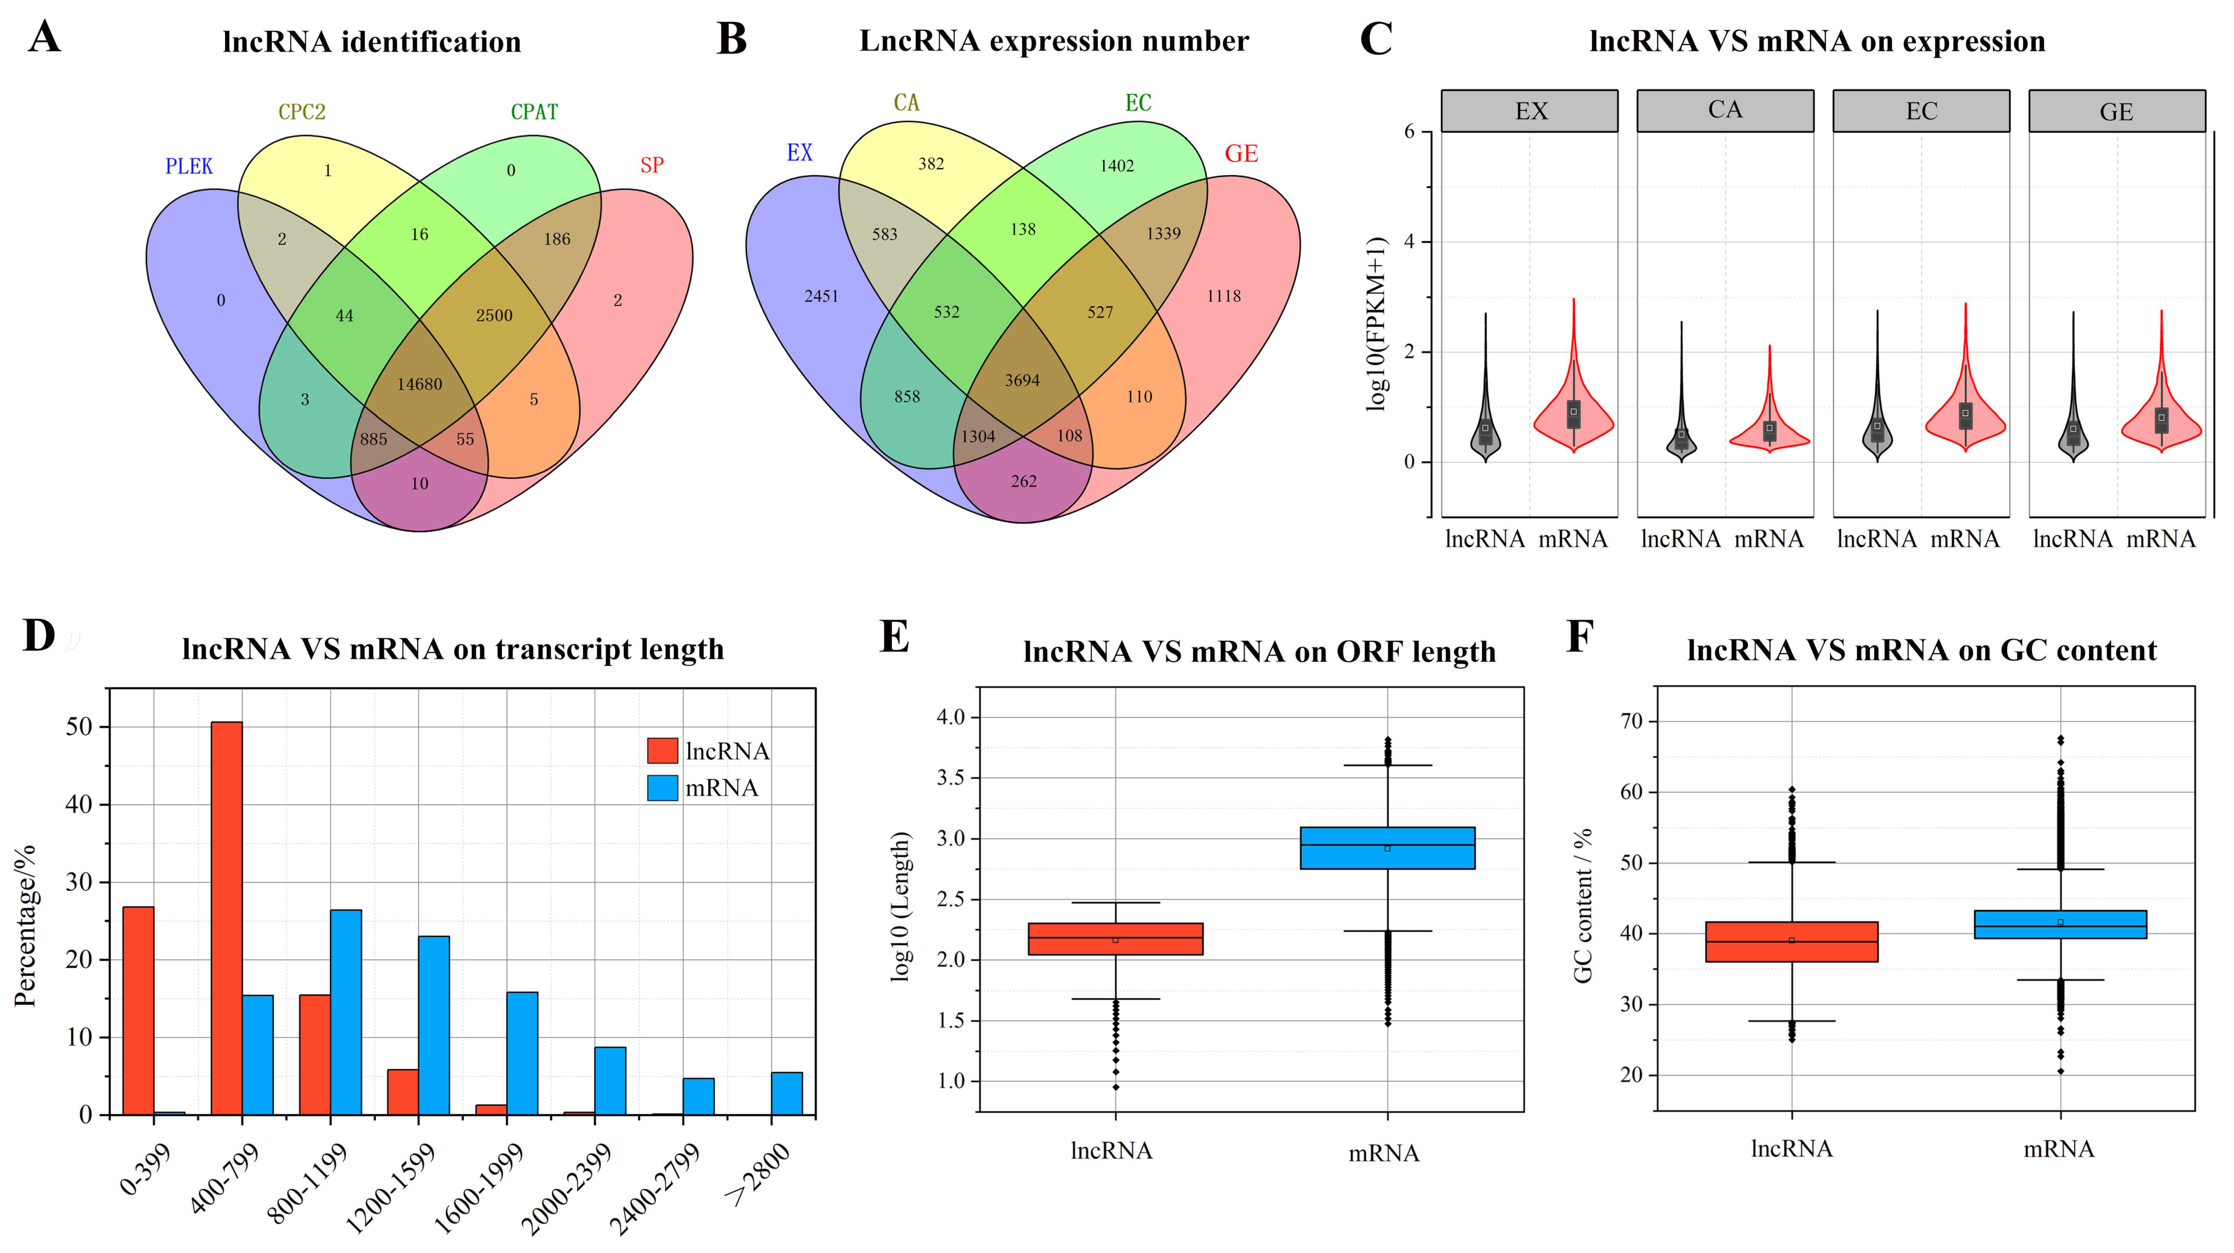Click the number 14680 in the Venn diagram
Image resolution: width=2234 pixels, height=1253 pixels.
tap(420, 384)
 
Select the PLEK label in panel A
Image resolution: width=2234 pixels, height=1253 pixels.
tap(189, 166)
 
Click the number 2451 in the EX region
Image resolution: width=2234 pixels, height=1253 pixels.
tap(821, 297)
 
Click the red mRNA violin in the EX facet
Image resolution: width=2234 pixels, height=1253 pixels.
tap(1573, 416)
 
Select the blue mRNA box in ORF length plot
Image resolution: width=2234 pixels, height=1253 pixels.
tap(1388, 848)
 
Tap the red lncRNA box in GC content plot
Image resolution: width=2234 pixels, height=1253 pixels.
tap(1792, 942)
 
